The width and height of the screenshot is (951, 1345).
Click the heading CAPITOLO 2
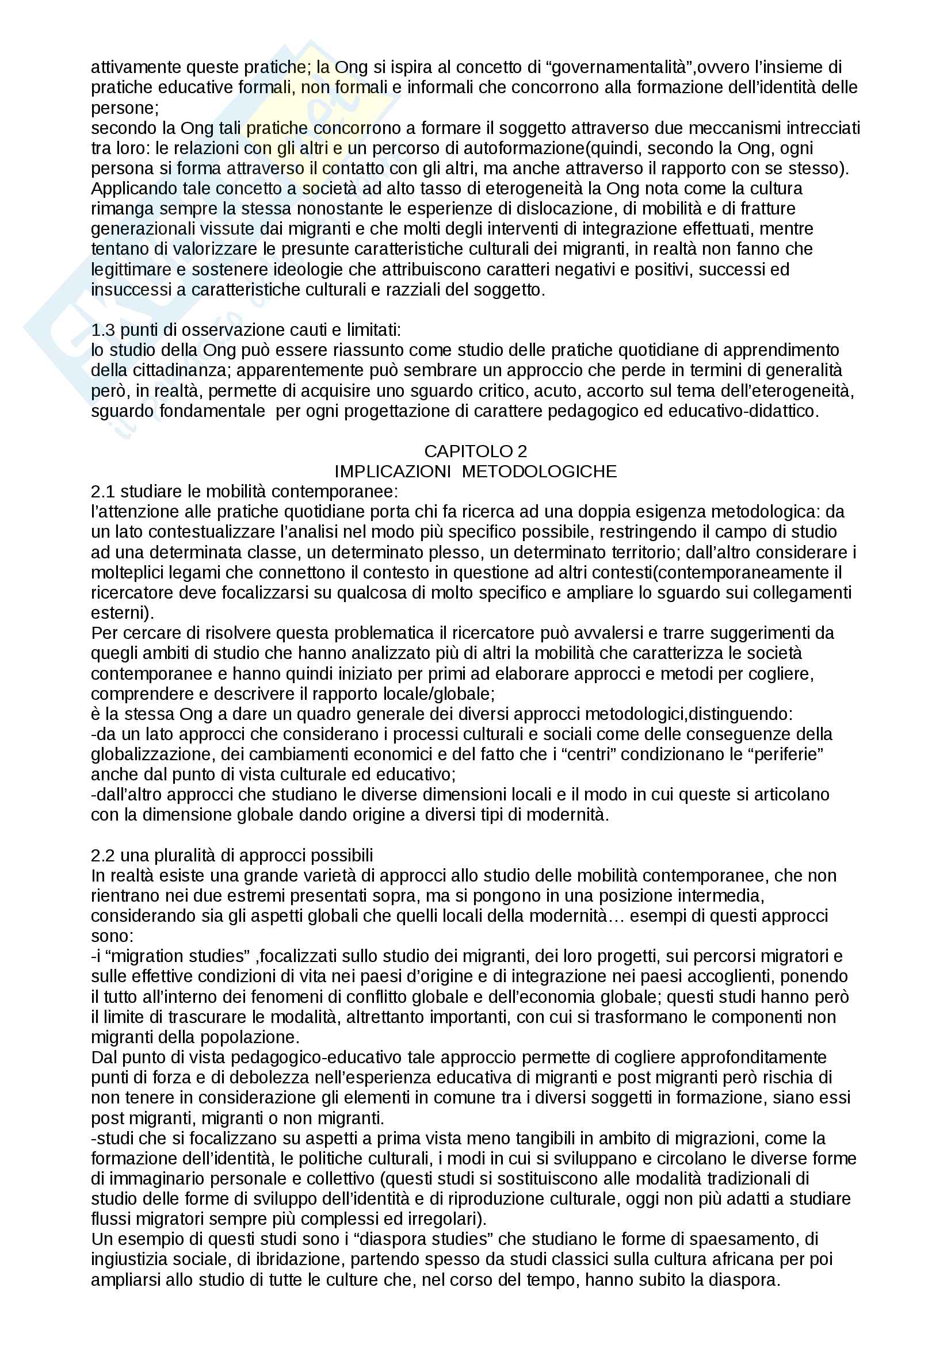475,451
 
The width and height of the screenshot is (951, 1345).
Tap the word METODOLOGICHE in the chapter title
539,472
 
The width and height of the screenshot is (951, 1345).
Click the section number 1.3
102,331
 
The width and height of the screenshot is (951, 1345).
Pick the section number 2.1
102,492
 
